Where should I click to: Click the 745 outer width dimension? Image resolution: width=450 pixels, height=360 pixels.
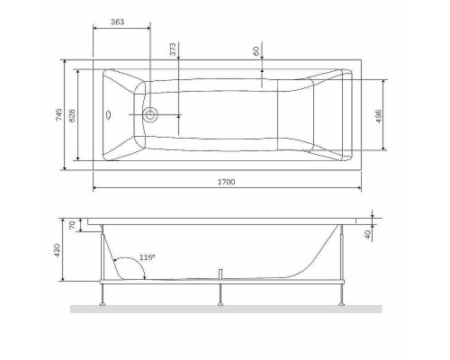tap(57, 114)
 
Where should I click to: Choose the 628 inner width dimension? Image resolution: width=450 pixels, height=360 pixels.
tap(72, 114)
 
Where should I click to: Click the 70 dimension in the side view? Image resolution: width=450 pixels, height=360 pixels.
tap(73, 226)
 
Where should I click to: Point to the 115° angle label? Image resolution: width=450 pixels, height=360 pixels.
tap(147, 258)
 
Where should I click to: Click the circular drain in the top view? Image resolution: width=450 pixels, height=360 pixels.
tap(151, 114)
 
